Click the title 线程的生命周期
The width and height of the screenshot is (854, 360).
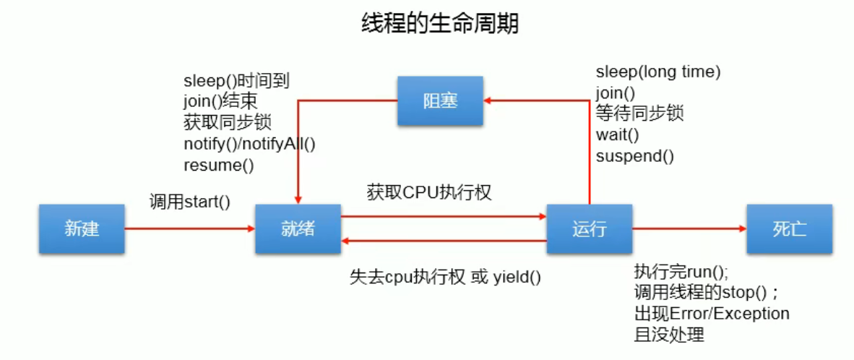(x=439, y=24)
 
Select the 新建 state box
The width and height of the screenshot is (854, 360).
(x=82, y=229)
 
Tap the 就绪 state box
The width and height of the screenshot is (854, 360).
(x=298, y=229)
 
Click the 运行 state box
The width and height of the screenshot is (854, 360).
(x=589, y=229)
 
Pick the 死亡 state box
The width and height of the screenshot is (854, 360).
(x=789, y=229)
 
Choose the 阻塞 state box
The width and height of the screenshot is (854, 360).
(x=439, y=100)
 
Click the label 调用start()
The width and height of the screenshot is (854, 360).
(x=189, y=202)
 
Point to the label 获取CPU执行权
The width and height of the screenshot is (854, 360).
(x=429, y=193)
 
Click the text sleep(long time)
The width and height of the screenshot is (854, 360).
(x=658, y=72)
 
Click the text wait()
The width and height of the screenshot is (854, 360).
(x=617, y=134)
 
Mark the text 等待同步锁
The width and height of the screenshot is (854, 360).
(x=639, y=113)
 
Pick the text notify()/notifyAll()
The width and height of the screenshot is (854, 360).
(x=249, y=143)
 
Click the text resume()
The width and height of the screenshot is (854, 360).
(x=219, y=165)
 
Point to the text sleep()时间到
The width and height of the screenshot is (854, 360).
(x=236, y=80)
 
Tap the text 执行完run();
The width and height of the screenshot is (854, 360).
(x=681, y=272)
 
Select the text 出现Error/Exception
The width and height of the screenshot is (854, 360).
(x=712, y=314)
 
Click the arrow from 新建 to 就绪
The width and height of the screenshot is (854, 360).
(x=189, y=228)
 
